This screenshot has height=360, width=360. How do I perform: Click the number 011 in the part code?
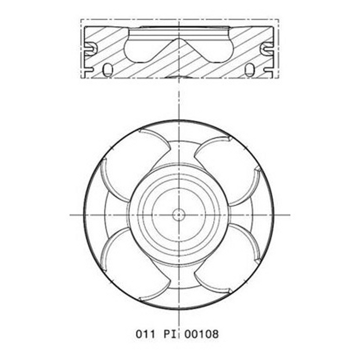click(x=145, y=334)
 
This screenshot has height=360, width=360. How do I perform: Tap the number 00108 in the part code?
click(x=201, y=334)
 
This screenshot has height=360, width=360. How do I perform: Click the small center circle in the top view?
click(x=179, y=215)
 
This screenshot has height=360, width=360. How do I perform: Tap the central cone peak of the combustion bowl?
click(x=179, y=39)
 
